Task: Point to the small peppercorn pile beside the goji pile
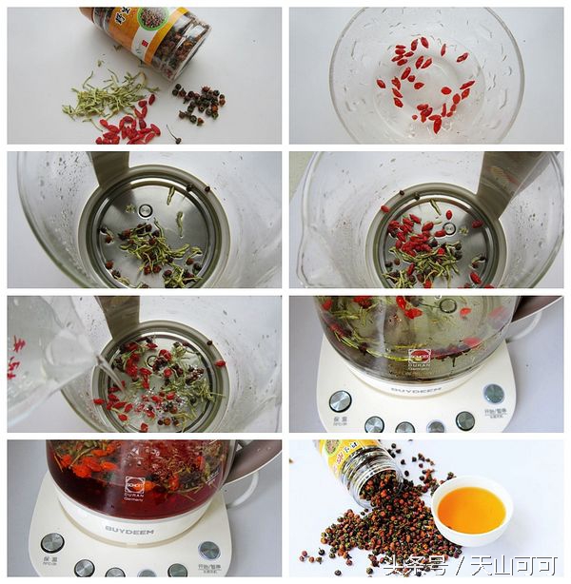[199, 103]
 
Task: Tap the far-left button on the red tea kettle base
[52, 542]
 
